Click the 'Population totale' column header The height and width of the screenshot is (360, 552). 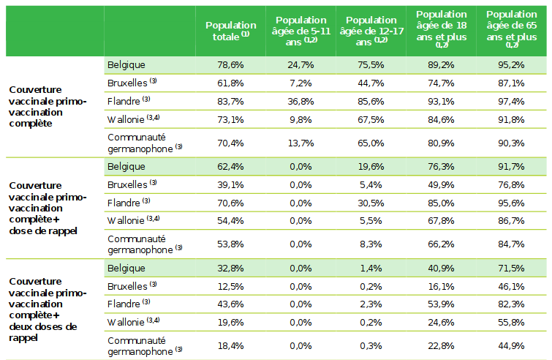coord(231,31)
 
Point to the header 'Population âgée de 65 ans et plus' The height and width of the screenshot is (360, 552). coord(512,29)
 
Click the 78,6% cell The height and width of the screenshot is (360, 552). coord(231,65)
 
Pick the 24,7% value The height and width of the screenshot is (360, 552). coord(300,65)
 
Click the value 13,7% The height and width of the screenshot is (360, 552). coord(300,143)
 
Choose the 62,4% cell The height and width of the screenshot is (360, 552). coord(231,167)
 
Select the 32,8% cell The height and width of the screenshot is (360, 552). coord(231,269)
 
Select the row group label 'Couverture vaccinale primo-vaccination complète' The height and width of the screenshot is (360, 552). coord(48,107)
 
